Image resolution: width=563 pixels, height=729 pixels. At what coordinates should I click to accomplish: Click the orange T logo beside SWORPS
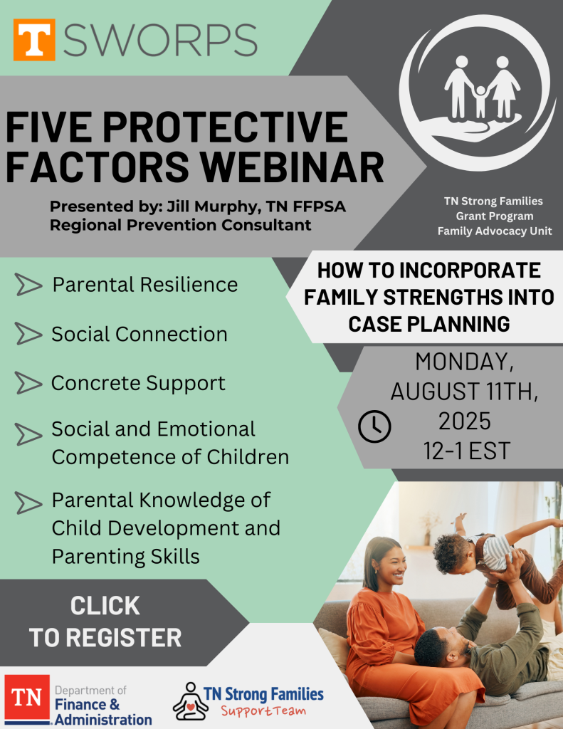point(34,40)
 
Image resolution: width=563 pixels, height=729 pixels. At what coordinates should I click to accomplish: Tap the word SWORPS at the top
point(160,41)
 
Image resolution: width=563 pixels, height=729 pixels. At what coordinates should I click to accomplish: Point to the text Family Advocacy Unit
point(495,231)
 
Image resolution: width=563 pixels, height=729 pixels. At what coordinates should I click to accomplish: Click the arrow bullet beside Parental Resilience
point(28,285)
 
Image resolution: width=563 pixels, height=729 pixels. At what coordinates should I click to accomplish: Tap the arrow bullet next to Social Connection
point(28,334)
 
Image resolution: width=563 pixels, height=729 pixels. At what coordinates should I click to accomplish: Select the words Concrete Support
point(138,384)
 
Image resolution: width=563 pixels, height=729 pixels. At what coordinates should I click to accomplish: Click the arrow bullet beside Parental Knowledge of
point(28,503)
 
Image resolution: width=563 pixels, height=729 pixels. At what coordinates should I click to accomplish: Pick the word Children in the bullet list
point(248,457)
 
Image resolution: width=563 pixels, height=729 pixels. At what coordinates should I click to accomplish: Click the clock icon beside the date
point(374,426)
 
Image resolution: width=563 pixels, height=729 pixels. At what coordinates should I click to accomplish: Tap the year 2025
point(465,421)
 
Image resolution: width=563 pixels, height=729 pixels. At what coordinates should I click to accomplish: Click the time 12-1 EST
point(466,451)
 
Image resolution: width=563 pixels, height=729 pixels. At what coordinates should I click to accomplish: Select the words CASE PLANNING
point(428,324)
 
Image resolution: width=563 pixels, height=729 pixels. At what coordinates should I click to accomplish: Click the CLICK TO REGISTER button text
point(105,622)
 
